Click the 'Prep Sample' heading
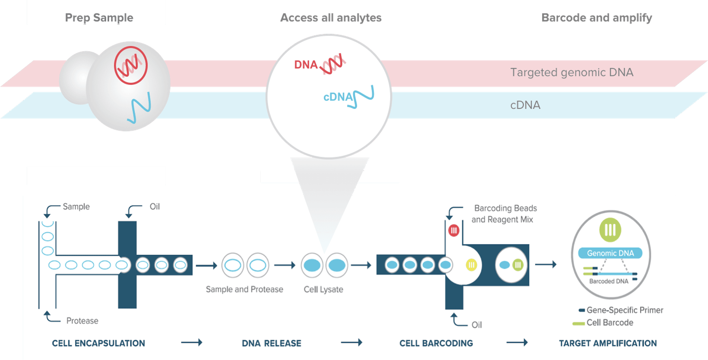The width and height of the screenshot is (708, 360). point(99,18)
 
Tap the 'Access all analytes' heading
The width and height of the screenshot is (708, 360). point(331,18)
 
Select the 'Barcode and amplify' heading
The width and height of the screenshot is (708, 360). point(597,18)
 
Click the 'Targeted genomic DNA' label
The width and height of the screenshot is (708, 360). point(572,73)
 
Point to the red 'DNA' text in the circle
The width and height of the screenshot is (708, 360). point(306,65)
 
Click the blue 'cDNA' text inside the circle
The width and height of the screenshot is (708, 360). point(338,97)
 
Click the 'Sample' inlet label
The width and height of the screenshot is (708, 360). point(76,207)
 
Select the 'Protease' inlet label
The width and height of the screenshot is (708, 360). point(82,321)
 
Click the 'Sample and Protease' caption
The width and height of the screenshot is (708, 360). point(244,290)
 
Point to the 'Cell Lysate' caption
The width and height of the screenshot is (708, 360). point(323,290)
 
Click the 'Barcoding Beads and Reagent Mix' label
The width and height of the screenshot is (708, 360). point(504,214)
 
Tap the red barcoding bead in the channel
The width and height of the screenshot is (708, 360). point(454,230)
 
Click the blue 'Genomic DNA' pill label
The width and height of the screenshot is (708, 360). point(610,253)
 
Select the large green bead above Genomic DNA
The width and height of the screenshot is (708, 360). point(610,230)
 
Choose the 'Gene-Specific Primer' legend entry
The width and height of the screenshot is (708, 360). point(624,310)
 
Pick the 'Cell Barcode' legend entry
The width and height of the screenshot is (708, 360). point(609,323)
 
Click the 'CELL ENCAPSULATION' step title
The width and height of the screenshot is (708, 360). point(99,343)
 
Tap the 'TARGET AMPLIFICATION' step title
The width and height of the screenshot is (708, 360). point(608,343)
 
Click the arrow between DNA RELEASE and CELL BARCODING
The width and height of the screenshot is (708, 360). point(351,342)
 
